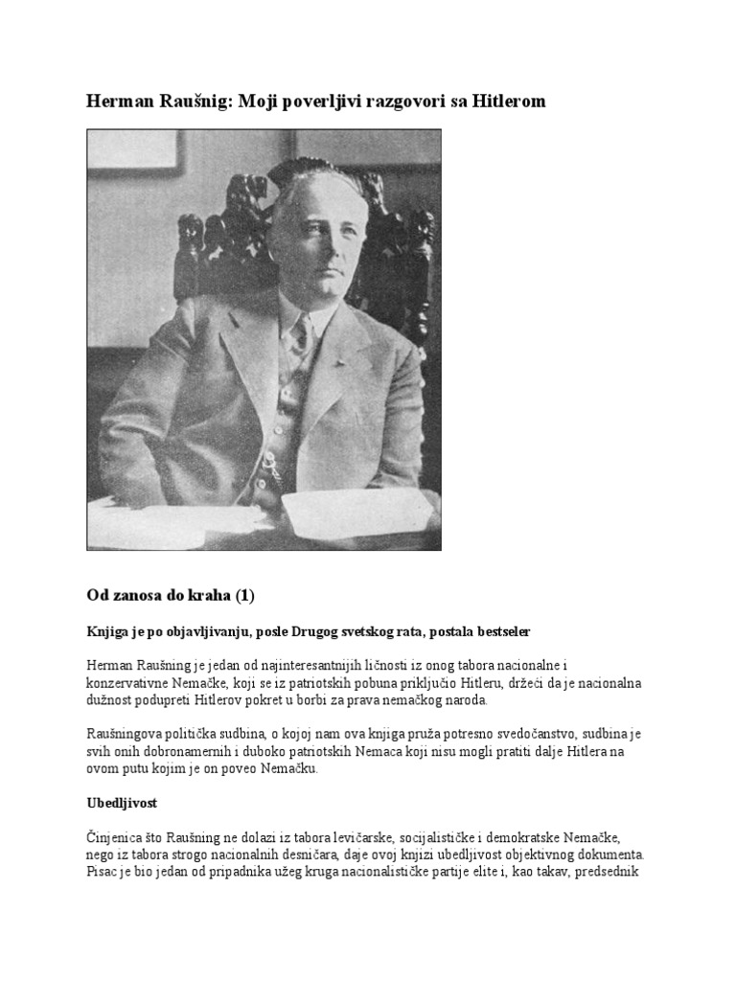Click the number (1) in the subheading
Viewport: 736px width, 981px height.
(x=245, y=596)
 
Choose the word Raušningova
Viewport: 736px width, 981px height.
(x=132, y=734)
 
